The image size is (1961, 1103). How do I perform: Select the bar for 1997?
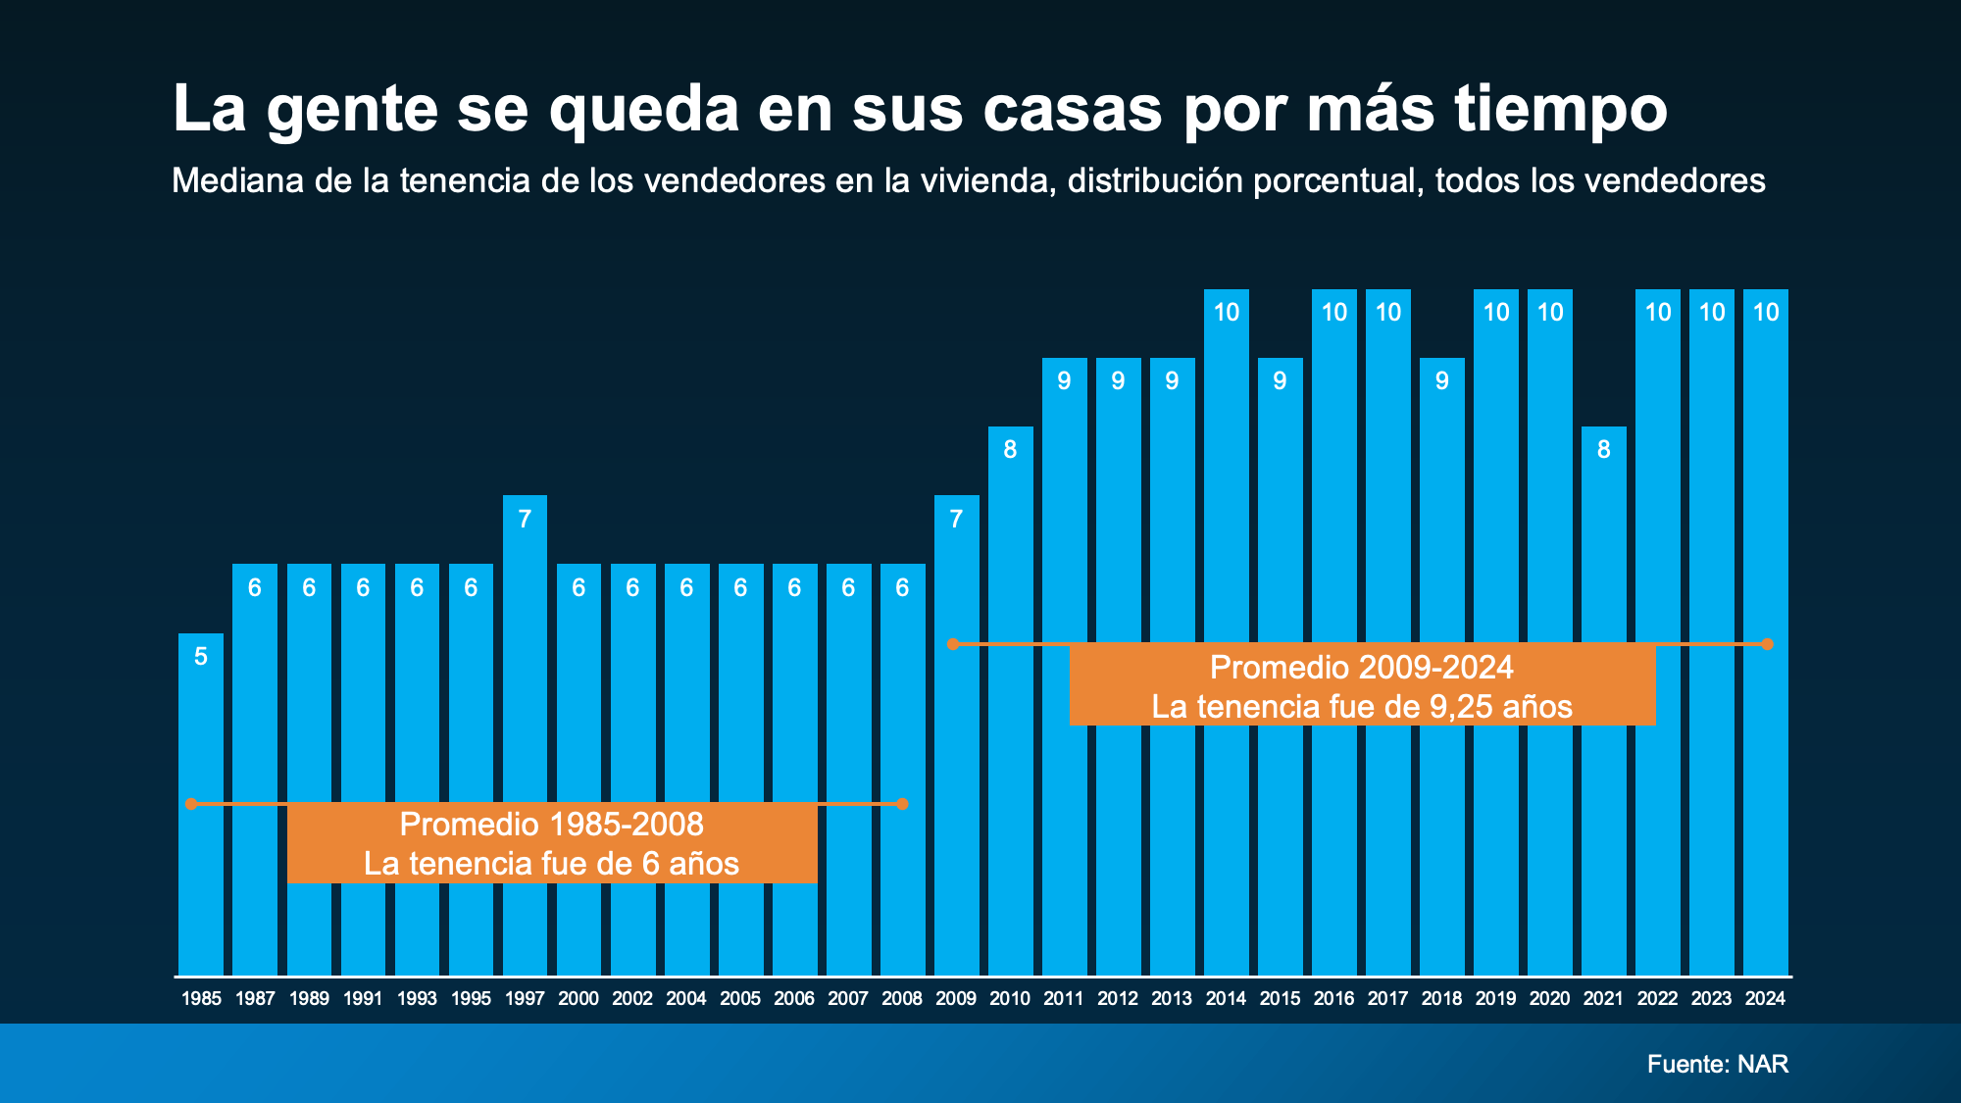coord(525,735)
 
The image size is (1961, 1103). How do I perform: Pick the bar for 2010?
coord(1010,701)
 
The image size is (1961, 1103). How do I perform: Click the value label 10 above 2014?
coord(1227,313)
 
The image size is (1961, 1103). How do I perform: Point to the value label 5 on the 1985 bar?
coord(201,657)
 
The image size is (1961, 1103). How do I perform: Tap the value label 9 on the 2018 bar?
coord(1441,381)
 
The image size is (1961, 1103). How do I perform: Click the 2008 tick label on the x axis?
coord(902,999)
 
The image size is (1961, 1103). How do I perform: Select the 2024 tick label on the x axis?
coord(1765,999)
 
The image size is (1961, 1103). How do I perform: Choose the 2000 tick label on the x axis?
coord(578,999)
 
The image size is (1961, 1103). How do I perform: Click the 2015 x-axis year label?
coord(1280,999)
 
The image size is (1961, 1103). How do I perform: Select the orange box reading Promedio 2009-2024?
coord(1362,686)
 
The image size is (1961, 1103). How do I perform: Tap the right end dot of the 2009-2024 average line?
coord(1767,644)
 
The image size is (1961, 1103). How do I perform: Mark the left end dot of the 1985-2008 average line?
coord(192,804)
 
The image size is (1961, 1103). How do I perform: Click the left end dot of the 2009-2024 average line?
coord(953,644)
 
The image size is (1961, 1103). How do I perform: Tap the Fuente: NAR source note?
coord(1718,1064)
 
